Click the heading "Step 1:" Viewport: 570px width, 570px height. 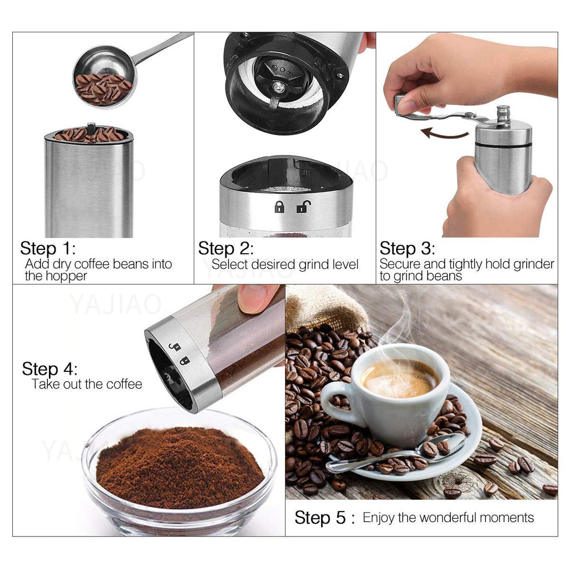(47, 248)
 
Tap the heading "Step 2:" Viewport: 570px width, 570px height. (225, 248)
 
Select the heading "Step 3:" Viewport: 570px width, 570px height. (407, 248)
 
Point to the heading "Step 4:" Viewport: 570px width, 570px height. (50, 368)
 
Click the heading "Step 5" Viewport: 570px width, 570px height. (320, 518)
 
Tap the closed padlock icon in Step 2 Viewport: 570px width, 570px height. (279, 207)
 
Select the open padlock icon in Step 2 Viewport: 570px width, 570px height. (302, 207)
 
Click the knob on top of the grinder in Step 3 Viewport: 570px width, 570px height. (503, 114)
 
